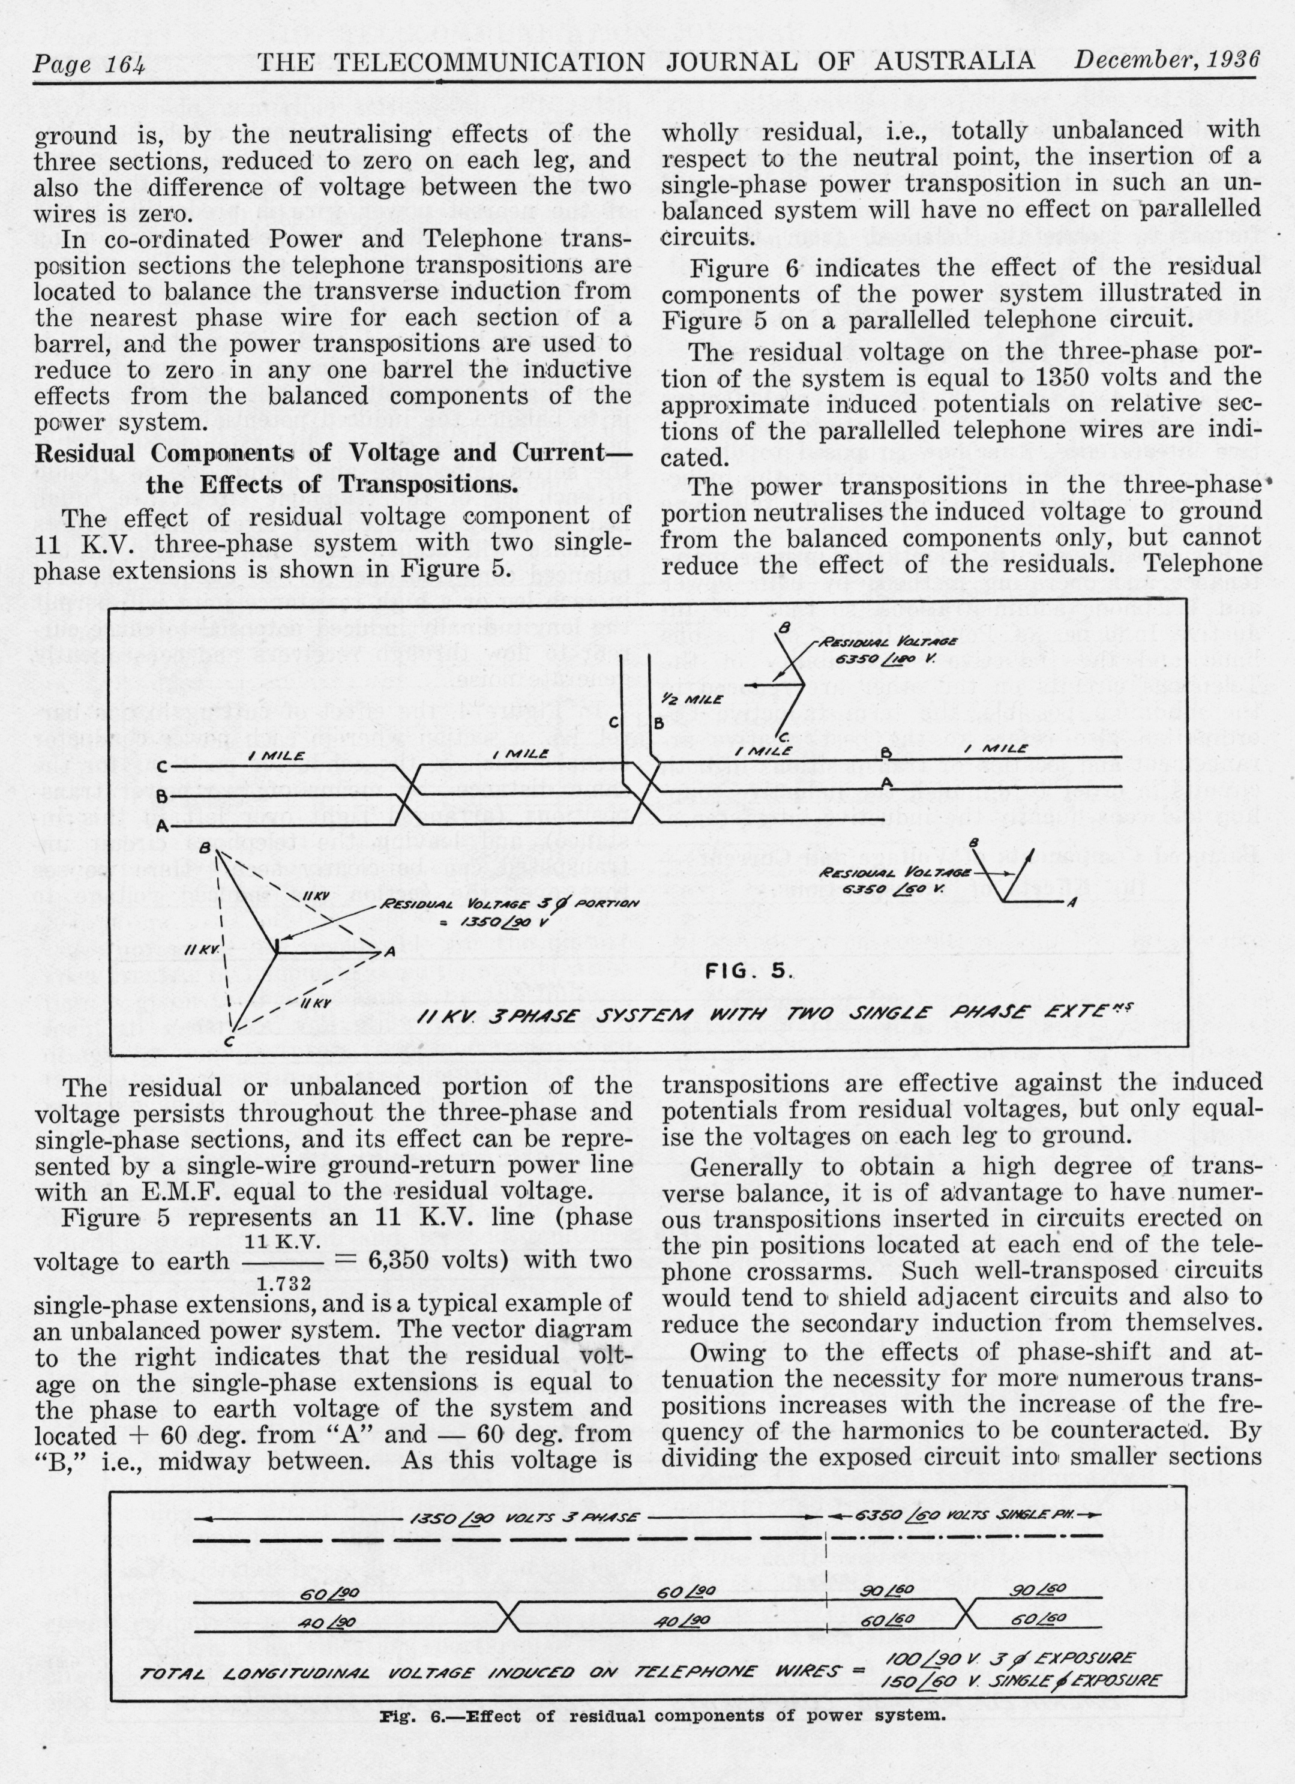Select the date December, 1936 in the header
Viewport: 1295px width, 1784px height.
coord(1167,60)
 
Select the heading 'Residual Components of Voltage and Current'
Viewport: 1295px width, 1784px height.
coord(333,454)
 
